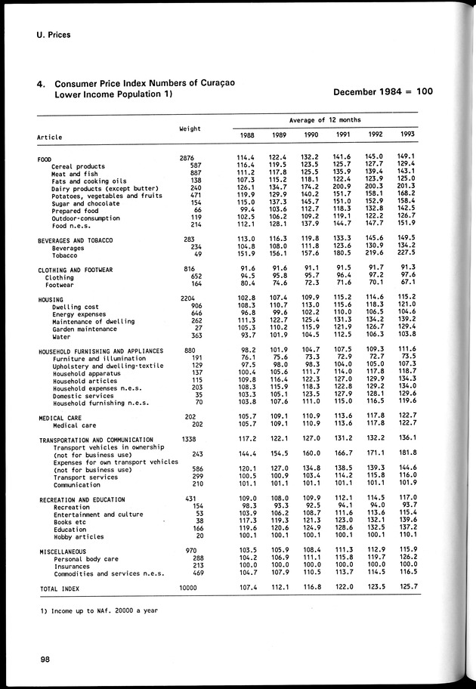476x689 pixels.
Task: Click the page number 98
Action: [x=46, y=660]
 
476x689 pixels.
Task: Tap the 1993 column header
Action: [x=407, y=134]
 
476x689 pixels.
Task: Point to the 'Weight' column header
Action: [x=190, y=128]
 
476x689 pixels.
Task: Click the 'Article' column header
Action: [x=50, y=137]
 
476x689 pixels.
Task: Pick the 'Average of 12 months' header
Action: [x=325, y=119]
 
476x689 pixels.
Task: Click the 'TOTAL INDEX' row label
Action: [x=60, y=587]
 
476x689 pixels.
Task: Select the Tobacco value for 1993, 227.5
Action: [x=407, y=254]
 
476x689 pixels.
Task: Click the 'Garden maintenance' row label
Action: [x=82, y=328]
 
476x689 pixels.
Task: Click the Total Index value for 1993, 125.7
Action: [x=407, y=587]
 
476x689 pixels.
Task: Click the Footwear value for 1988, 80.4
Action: [x=248, y=284]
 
